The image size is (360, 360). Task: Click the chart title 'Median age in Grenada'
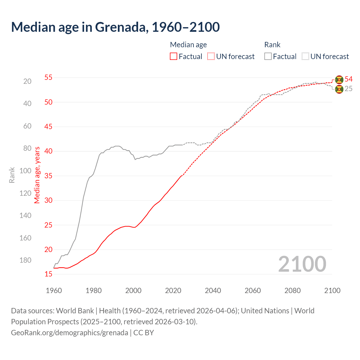115,27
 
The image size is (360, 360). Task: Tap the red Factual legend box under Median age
174,57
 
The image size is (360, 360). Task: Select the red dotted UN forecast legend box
211,57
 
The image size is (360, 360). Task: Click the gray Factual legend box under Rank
268,57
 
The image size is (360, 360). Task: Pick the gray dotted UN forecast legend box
305,57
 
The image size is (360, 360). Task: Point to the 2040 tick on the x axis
213,291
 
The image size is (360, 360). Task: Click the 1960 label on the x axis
54,291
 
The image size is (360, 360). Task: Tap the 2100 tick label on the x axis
332,291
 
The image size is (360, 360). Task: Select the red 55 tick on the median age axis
48,77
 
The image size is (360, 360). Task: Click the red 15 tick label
48,274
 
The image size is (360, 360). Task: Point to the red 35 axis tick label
48,176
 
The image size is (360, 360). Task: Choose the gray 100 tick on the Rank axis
25,171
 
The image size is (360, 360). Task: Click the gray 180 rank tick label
25,260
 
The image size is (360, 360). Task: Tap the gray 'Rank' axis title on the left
12,175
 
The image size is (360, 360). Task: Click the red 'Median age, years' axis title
37,175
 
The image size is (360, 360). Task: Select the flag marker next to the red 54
339,80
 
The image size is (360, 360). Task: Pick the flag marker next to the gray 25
339,89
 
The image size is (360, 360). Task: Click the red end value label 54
348,79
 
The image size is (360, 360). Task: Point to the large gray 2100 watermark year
302,264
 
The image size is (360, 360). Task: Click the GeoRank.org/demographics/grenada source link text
69,333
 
